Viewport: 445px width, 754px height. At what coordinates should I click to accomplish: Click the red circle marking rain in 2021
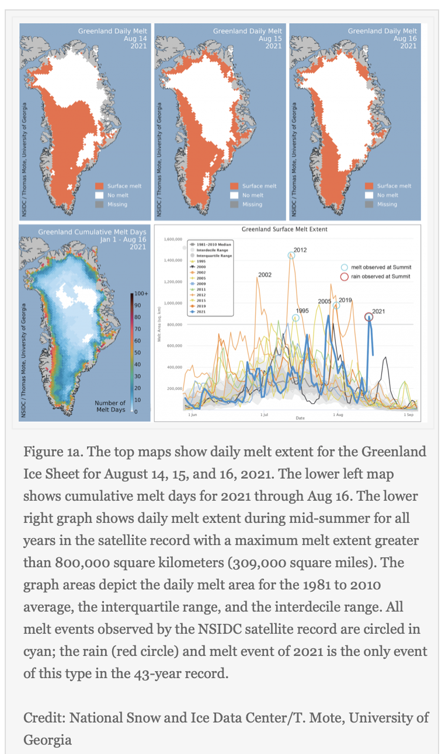[x=368, y=317]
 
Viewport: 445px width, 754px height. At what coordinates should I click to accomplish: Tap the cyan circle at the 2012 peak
[x=291, y=255]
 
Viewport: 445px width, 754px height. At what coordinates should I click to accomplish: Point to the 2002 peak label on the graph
[x=264, y=274]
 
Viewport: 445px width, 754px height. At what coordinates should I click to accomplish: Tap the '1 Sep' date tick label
[x=409, y=414]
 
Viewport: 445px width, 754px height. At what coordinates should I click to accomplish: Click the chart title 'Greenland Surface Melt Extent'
[x=284, y=229]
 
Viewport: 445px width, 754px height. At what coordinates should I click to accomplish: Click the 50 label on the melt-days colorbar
[x=138, y=352]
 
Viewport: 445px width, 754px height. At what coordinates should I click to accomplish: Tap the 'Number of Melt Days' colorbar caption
[x=110, y=406]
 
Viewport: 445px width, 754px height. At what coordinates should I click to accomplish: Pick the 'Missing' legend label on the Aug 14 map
[x=117, y=204]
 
